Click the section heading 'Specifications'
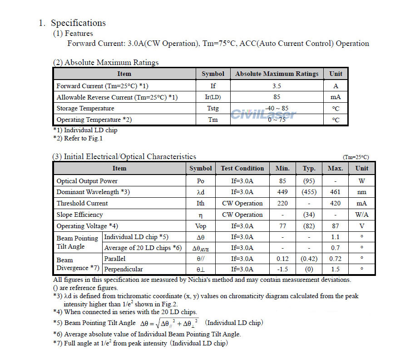78,23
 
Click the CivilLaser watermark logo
263,114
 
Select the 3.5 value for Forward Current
277,85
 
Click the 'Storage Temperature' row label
85,108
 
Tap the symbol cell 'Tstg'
212,108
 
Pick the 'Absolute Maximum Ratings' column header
277,74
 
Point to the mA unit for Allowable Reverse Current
336,97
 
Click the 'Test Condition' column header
242,168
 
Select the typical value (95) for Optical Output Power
309,181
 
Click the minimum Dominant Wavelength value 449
282,192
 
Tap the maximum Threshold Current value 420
335,203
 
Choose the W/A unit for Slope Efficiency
361,215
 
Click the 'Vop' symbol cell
200,226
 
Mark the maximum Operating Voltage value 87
335,226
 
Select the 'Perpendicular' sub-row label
123,269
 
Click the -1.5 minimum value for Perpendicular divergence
282,269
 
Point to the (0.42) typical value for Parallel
309,258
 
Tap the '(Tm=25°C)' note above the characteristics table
356,157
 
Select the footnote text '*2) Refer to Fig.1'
78,138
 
